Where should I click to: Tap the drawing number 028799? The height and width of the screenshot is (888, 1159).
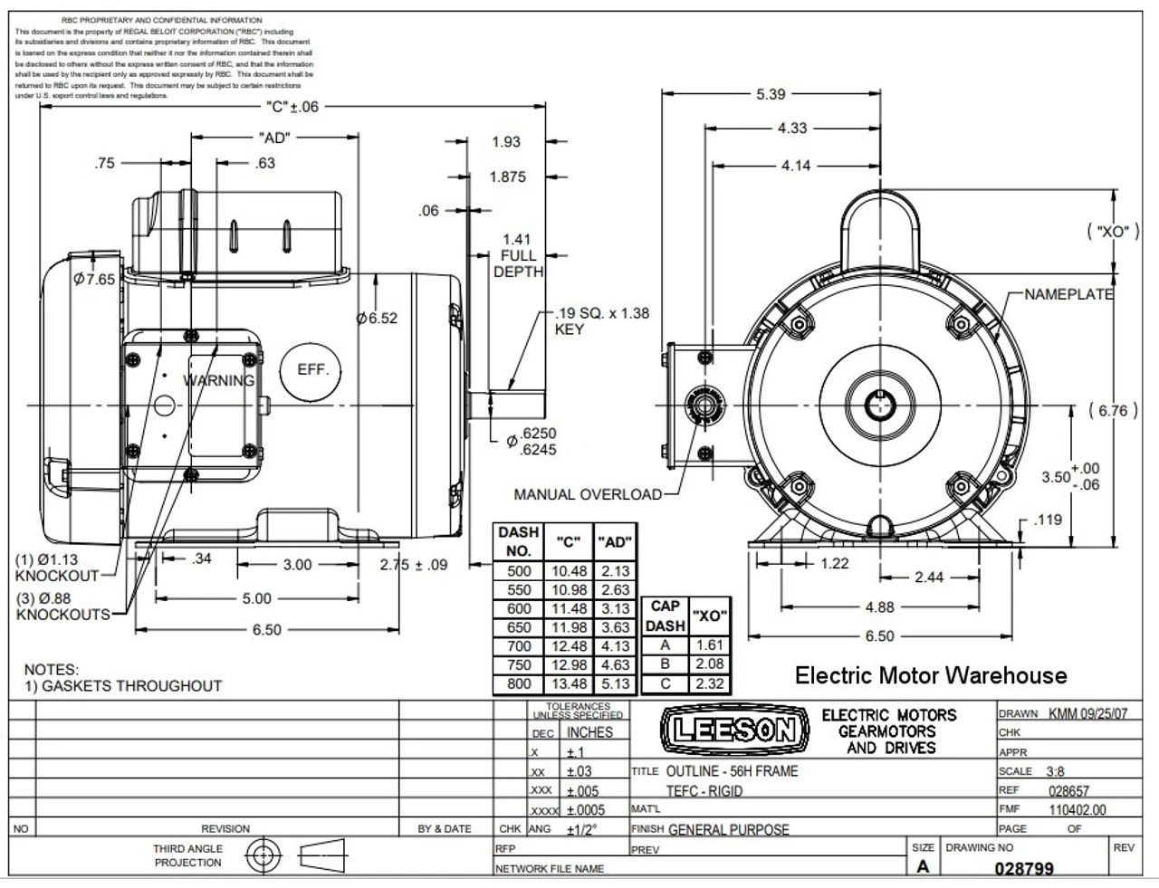click(1024, 868)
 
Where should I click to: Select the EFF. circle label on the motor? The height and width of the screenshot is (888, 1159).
click(313, 370)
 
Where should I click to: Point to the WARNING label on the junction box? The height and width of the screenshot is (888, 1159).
click(219, 380)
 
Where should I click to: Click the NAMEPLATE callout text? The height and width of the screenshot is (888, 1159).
click(1068, 294)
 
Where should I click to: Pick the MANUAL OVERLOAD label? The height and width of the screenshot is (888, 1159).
click(588, 494)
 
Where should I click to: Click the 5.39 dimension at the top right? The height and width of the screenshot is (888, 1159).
click(771, 93)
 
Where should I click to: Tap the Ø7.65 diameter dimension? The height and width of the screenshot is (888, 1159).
click(94, 279)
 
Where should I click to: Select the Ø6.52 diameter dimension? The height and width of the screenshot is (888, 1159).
click(377, 318)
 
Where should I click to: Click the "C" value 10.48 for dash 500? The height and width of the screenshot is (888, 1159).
click(569, 571)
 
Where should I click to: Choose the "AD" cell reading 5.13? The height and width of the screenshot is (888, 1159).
click(615, 684)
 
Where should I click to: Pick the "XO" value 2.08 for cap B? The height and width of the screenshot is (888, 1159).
click(709, 664)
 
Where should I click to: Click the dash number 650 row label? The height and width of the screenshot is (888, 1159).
click(519, 627)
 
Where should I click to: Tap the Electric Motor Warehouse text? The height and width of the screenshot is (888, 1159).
click(931, 675)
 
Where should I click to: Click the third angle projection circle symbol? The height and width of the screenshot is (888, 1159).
click(263, 855)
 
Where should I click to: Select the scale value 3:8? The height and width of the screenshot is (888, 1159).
click(1055, 771)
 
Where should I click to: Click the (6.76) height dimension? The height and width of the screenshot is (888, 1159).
click(1113, 410)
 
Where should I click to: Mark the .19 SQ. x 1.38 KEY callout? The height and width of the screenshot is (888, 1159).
click(601, 321)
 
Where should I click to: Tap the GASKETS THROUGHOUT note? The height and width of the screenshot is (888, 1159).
click(131, 685)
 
